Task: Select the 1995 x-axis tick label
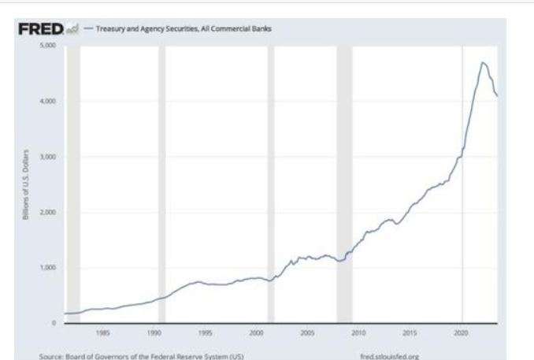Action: click(206, 332)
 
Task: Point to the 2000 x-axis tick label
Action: click(257, 332)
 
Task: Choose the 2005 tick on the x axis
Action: click(308, 332)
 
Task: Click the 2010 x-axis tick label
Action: click(359, 332)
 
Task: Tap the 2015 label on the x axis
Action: click(410, 332)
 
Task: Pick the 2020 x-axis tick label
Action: click(462, 332)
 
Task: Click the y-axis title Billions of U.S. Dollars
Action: click(28, 185)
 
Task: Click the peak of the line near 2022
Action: click(483, 62)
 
